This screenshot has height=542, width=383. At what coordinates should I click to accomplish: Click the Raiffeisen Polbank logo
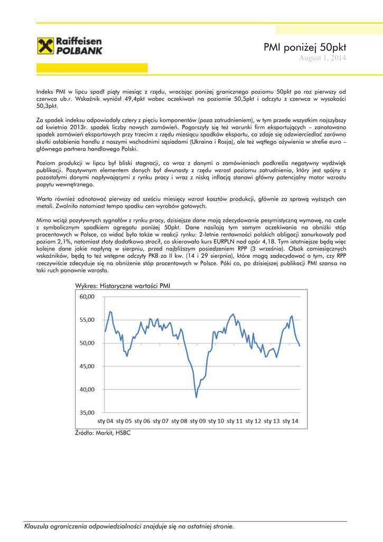[x=70, y=46]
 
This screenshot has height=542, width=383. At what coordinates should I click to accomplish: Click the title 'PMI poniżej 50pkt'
[x=305, y=48]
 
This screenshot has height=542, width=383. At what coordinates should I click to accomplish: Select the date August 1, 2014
[x=323, y=58]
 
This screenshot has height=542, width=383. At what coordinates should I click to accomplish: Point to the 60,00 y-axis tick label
[x=87, y=297]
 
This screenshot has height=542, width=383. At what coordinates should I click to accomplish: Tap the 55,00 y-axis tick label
[x=87, y=320]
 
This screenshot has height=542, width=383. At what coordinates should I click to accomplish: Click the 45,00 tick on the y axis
[x=87, y=366]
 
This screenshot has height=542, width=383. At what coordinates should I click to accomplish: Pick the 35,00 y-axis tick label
[x=87, y=412]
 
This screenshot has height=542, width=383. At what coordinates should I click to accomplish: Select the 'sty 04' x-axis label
[x=106, y=421]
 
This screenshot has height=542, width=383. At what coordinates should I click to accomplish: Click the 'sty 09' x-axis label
[x=198, y=421]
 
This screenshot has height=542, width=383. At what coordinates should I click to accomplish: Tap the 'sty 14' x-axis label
[x=290, y=421]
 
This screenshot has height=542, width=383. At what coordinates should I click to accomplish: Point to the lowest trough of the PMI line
[x=196, y=398]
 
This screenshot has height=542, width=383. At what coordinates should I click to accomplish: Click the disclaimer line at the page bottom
[x=129, y=526]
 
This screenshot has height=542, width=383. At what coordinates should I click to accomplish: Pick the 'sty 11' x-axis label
[x=235, y=421]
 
